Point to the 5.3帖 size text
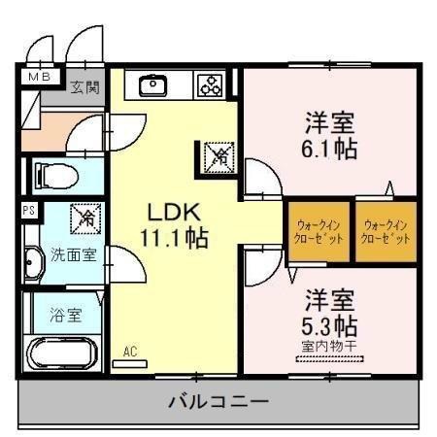point(331,321)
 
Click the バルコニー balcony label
point(218,401)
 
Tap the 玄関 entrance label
point(85,87)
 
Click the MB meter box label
point(40,77)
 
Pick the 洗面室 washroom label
point(73,256)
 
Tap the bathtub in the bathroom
point(64,353)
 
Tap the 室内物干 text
point(331,345)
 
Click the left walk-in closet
point(316,231)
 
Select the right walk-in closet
point(386,231)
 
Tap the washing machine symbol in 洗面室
point(86,218)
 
